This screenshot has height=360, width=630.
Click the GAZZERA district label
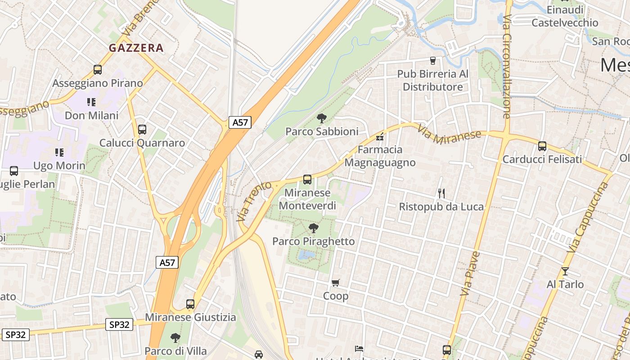(136, 48)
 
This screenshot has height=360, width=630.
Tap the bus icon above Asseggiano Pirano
(98, 70)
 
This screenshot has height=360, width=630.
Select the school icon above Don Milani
(91, 102)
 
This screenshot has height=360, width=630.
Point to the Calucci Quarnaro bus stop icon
(142, 130)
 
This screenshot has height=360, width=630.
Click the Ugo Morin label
(59, 166)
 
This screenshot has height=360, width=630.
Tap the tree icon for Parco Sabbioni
(321, 118)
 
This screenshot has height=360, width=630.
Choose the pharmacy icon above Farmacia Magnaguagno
(380, 136)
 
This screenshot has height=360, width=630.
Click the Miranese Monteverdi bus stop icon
(307, 180)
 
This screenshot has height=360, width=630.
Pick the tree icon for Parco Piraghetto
(313, 228)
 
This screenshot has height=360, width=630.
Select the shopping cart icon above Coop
(335, 283)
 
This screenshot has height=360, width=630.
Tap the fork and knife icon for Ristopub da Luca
(441, 193)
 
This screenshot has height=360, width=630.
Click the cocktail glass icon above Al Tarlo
(565, 271)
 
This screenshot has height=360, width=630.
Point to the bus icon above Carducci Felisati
(542, 146)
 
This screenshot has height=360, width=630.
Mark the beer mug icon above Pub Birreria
(433, 60)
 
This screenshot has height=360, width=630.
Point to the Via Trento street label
(254, 201)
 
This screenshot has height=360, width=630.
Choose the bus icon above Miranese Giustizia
(190, 304)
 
